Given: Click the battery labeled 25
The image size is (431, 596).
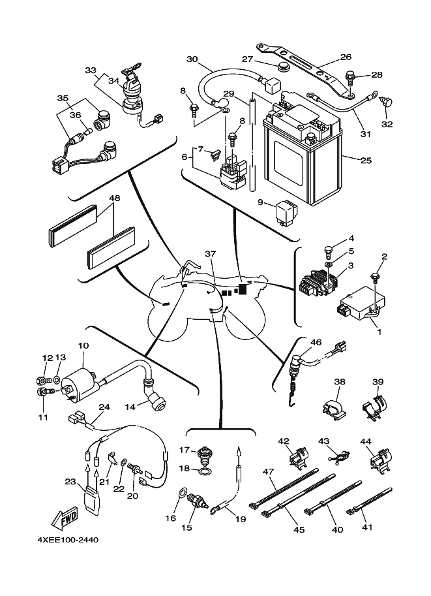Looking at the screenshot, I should [x=301, y=160].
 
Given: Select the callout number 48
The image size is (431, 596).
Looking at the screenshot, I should [x=115, y=198].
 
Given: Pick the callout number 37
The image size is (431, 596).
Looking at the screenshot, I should [x=209, y=253].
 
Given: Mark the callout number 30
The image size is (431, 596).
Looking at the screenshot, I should [x=192, y=59].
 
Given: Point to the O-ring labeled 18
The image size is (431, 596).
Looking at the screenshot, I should [x=204, y=470].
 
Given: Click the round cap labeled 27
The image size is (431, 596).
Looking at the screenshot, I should [x=283, y=67].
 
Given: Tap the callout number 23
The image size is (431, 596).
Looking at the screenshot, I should [x=70, y=482].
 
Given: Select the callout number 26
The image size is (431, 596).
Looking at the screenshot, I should [x=346, y=57].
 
